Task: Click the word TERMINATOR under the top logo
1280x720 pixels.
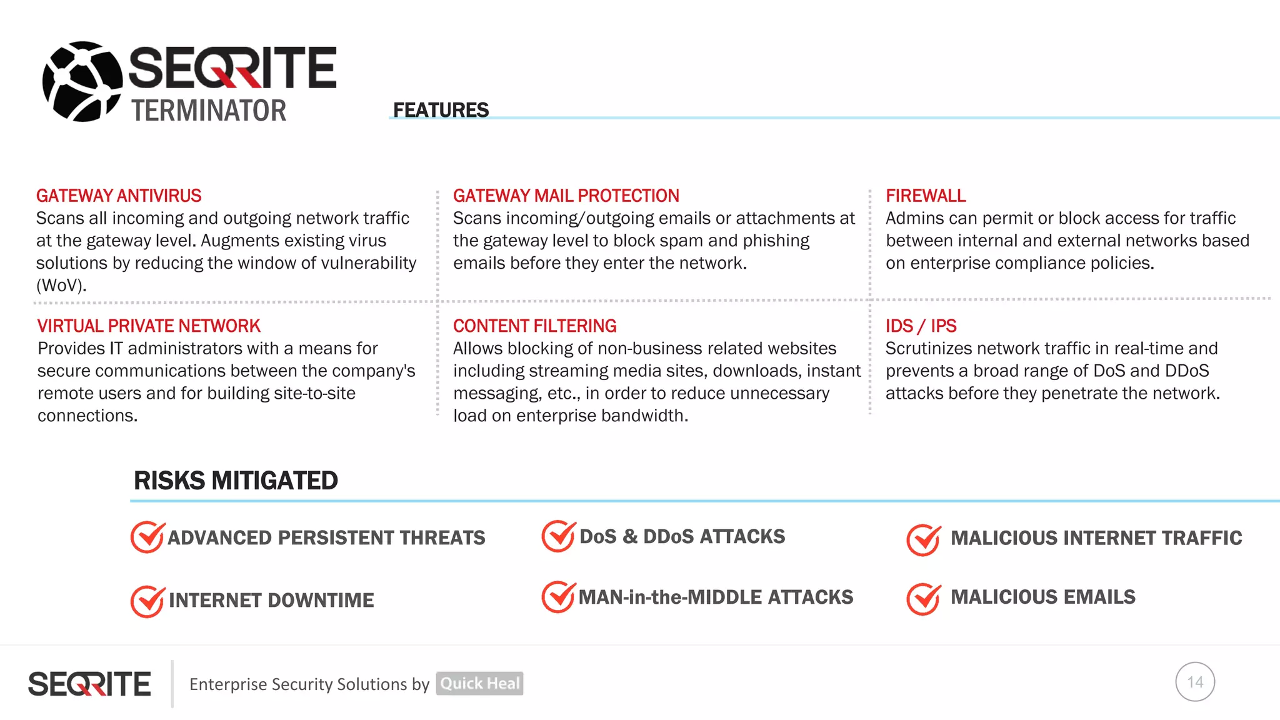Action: (x=208, y=111)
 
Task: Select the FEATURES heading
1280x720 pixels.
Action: (x=441, y=110)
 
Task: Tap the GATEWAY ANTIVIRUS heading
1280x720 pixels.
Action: (x=119, y=196)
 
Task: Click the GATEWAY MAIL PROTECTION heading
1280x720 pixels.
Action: (x=566, y=196)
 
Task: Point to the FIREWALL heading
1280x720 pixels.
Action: (x=925, y=196)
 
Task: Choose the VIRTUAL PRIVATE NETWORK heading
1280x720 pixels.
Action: (x=149, y=326)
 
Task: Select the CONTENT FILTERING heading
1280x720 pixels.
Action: (x=534, y=326)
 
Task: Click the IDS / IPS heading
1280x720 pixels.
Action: (x=921, y=326)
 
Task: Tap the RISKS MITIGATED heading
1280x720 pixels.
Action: (x=236, y=481)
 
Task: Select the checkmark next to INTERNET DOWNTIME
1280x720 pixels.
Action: (x=147, y=601)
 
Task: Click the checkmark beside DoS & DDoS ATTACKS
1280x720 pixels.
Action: (x=558, y=536)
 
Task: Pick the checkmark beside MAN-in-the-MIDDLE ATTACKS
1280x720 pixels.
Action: (x=558, y=597)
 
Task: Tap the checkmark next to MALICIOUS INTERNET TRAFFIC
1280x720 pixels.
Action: (x=923, y=539)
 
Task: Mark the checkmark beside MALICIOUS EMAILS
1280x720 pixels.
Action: (x=923, y=599)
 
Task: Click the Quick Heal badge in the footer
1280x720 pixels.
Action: (x=479, y=683)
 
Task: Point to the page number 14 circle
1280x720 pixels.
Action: (x=1194, y=682)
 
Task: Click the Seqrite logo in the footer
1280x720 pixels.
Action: (x=89, y=684)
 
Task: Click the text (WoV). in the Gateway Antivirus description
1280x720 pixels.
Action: (x=61, y=286)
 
